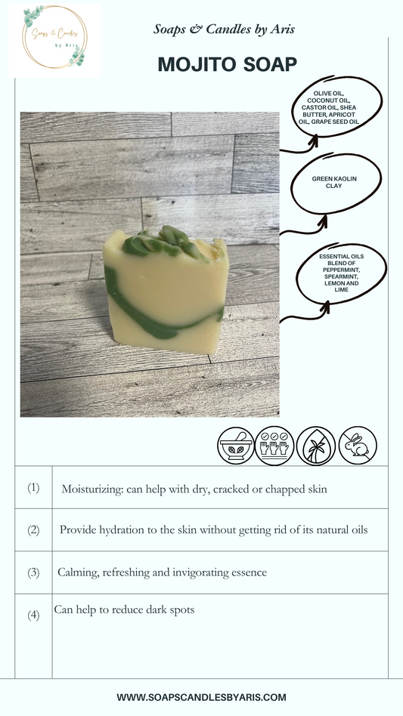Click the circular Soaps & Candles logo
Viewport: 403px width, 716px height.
(54, 37)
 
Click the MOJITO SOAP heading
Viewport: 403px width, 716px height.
(227, 64)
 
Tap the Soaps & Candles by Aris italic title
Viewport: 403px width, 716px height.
(224, 29)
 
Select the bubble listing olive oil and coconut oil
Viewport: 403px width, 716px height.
(336, 106)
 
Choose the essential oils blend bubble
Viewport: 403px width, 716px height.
(341, 273)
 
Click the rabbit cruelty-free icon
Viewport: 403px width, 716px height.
(358, 446)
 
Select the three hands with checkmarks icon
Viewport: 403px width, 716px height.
(274, 446)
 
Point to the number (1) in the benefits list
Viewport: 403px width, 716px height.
(33, 488)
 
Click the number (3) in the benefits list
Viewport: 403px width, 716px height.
(33, 572)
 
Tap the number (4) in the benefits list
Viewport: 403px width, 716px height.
(33, 615)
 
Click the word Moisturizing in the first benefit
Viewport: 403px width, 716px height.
(91, 489)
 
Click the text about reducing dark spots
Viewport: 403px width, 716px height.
(124, 610)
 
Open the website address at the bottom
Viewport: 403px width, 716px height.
(201, 697)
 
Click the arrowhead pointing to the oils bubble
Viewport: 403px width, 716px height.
(314, 140)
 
